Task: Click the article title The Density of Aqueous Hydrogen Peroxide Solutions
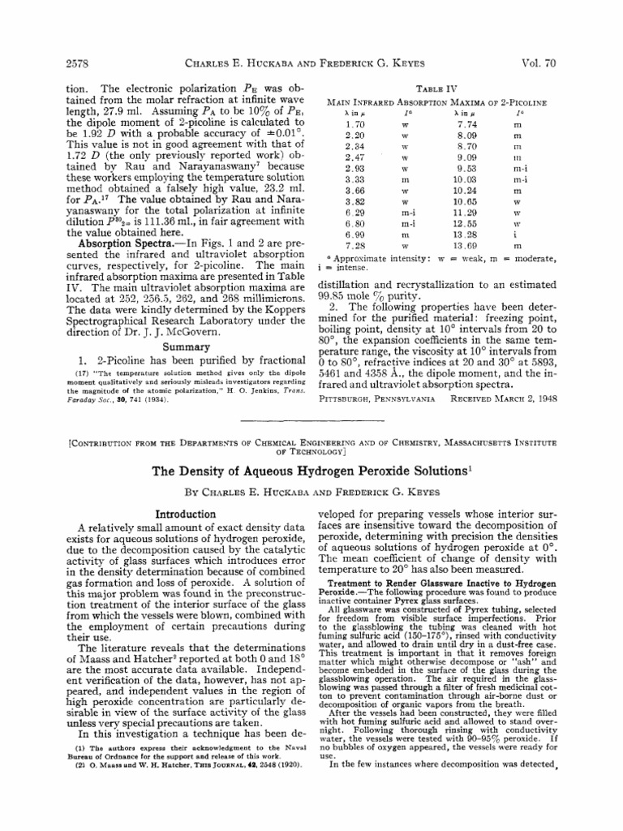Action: click(x=311, y=471)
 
